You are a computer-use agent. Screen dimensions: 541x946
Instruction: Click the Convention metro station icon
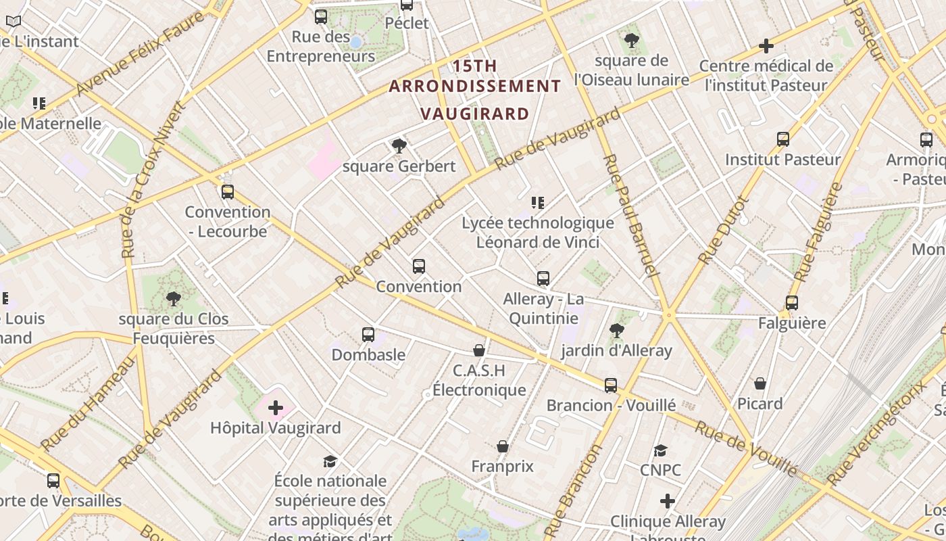[419, 266]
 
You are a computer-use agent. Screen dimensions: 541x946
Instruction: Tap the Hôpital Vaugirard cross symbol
[276, 408]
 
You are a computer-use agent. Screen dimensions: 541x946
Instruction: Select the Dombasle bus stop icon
[368, 334]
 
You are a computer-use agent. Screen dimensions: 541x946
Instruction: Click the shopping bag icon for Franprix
[503, 446]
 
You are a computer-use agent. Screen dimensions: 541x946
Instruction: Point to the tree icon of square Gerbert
[399, 145]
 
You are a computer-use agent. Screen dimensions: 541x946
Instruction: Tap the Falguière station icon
[792, 303]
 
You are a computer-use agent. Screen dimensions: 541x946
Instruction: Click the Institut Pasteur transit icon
[783, 139]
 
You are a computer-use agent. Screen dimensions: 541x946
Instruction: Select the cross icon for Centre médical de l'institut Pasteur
[766, 46]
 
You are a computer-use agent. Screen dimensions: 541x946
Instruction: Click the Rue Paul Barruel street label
[629, 216]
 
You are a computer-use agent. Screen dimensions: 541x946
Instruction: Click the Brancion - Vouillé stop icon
[611, 385]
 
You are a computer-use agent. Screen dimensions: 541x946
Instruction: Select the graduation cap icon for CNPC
[660, 450]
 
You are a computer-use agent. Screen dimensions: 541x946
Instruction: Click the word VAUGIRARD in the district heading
[474, 113]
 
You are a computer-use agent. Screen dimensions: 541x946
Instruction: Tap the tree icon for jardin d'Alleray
[616, 330]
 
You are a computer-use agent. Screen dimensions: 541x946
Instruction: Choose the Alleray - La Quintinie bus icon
[543, 279]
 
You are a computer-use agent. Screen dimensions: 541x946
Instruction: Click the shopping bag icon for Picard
[760, 383]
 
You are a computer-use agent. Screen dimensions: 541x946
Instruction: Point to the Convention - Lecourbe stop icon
[228, 192]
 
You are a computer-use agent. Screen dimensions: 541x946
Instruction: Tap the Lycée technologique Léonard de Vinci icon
[538, 203]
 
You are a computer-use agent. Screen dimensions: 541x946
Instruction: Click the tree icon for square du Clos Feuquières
[174, 298]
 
